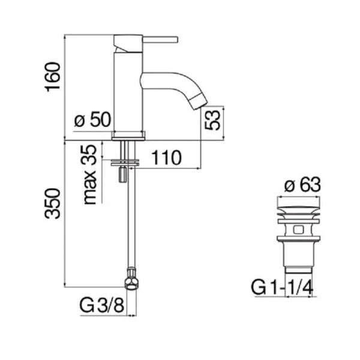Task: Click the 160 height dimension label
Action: click(53, 77)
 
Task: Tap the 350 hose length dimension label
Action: click(53, 203)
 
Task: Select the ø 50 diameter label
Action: click(93, 119)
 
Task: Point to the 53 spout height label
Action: click(212, 120)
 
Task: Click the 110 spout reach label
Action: click(167, 158)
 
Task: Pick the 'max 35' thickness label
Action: click(89, 175)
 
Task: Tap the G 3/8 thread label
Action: click(102, 305)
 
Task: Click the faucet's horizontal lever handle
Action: click(160, 39)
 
